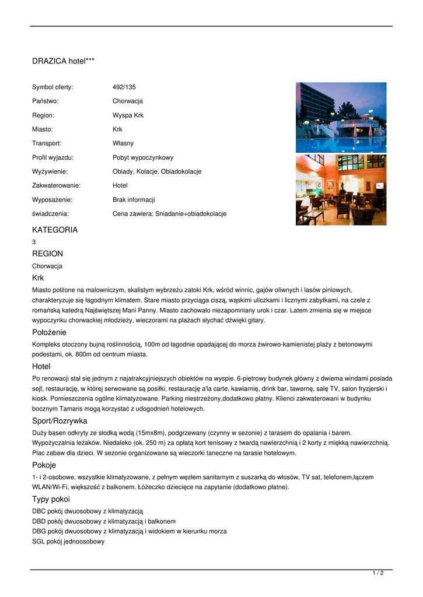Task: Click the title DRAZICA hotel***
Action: click(63, 61)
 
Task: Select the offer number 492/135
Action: click(124, 87)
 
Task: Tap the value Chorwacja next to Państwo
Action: click(127, 101)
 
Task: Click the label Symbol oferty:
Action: click(53, 87)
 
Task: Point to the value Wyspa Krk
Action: click(128, 115)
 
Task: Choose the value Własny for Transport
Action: click(123, 143)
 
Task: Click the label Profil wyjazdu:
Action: click(53, 157)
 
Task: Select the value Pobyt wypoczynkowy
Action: click(142, 157)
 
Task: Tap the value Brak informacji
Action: click(134, 199)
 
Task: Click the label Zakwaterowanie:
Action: click(56, 185)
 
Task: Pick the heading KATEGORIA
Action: click(55, 230)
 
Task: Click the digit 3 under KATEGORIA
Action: click(34, 241)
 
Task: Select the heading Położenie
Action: click(49, 332)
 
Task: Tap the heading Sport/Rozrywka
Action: click(60, 420)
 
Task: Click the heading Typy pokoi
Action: click(51, 499)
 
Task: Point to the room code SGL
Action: click(39, 542)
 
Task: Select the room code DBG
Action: click(39, 531)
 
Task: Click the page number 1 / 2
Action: click(378, 573)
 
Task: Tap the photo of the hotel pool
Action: click(341, 117)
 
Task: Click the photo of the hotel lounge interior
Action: click(341, 189)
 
